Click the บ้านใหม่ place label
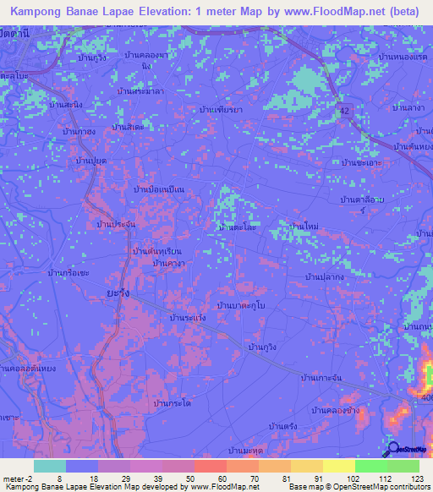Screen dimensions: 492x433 pyautogui.click(x=303, y=227)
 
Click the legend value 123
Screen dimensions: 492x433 pyautogui.click(x=415, y=478)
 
